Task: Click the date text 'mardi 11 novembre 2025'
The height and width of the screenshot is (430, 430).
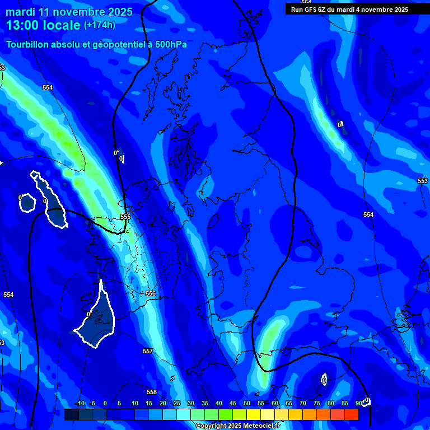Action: [69, 12]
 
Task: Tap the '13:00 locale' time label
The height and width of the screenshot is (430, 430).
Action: [43, 25]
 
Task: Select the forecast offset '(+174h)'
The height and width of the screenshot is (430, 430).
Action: [100, 25]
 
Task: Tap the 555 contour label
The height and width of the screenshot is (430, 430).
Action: [125, 217]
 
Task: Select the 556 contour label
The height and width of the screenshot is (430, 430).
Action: [150, 293]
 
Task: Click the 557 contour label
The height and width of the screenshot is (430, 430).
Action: [147, 351]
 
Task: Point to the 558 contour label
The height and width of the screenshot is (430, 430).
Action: [152, 392]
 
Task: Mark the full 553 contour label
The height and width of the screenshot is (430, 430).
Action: [423, 181]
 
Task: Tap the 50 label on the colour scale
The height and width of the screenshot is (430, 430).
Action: [247, 404]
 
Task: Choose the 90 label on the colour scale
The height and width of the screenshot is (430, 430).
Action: [358, 404]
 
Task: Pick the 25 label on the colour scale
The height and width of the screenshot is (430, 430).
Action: [176, 404]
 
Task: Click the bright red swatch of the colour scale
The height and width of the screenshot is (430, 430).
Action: [351, 414]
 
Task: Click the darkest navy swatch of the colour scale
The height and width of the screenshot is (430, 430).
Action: [71, 414]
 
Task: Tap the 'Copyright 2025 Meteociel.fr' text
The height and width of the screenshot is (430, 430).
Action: [237, 426]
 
